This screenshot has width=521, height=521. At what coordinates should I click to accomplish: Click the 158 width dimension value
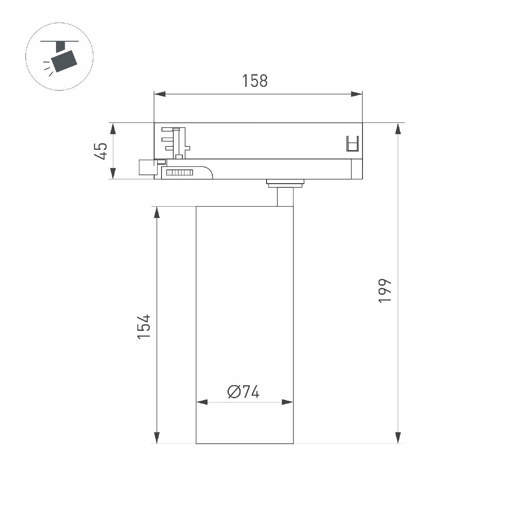pos(255,81)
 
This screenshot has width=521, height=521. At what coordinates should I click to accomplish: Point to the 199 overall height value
pos(385,290)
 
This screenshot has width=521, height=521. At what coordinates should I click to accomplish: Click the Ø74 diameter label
pos(243,392)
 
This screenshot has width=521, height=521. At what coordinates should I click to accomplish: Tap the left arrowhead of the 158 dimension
pos(160,94)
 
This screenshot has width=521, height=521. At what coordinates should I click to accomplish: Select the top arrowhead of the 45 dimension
pos(112,129)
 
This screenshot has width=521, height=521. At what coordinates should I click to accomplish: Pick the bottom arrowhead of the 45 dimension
pos(112,174)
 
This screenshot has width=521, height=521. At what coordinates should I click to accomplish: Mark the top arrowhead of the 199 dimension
pos(398,129)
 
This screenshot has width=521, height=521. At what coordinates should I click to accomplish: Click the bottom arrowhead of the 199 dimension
pos(398,438)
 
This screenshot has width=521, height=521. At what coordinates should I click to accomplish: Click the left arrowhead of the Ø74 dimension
pos(202,402)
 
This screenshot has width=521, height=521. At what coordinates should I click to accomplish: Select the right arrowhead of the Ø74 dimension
pos(287,402)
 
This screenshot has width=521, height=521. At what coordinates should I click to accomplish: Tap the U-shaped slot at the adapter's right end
pos(353,144)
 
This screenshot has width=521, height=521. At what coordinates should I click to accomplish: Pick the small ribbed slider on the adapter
pos(179,173)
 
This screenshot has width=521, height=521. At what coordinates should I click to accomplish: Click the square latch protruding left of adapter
pos(146,167)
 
